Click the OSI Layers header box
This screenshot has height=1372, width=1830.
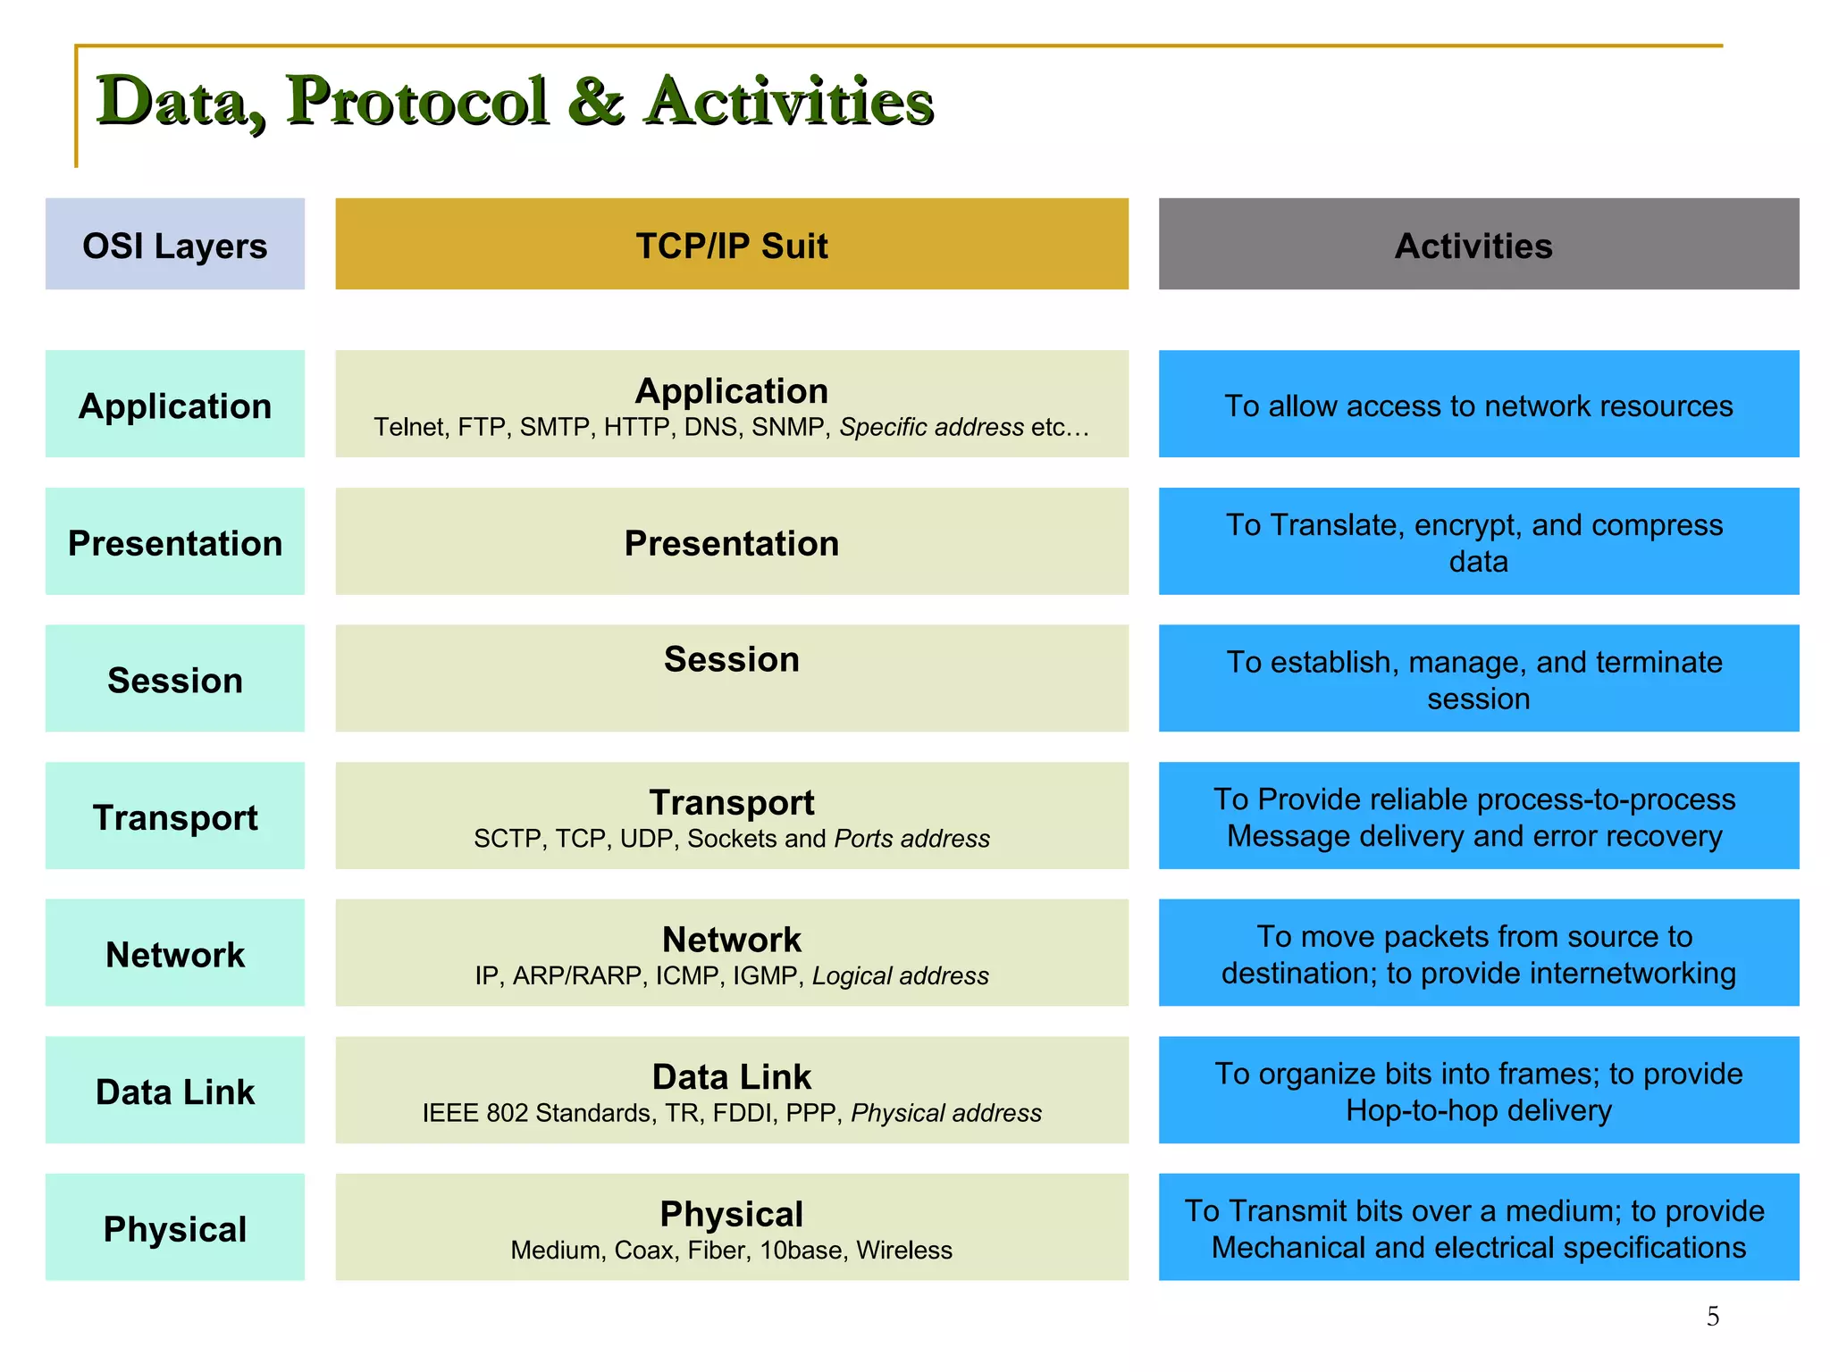[174, 244]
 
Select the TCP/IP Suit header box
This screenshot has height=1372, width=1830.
[731, 244]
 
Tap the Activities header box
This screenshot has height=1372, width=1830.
[1478, 244]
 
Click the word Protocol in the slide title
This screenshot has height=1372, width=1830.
[416, 101]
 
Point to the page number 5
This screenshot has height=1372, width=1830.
[1712, 1316]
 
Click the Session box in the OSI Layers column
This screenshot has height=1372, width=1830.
[174, 679]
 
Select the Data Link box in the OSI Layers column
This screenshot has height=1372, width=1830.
[174, 1091]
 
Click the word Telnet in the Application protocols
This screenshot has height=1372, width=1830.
[408, 427]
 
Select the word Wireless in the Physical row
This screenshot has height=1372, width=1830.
[903, 1250]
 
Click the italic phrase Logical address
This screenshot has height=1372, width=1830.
[900, 975]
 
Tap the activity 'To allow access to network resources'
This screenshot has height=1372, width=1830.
[1478, 406]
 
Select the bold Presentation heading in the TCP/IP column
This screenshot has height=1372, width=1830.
[731, 543]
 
